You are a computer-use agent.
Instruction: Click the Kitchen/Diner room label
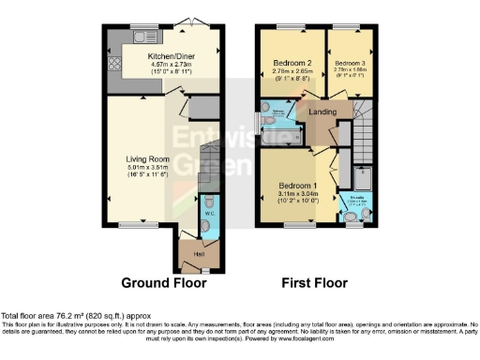click(x=170, y=55)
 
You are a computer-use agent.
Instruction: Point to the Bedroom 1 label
click(x=297, y=184)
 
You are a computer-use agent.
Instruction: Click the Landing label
click(x=335, y=113)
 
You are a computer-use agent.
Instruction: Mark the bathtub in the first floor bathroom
click(x=279, y=123)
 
